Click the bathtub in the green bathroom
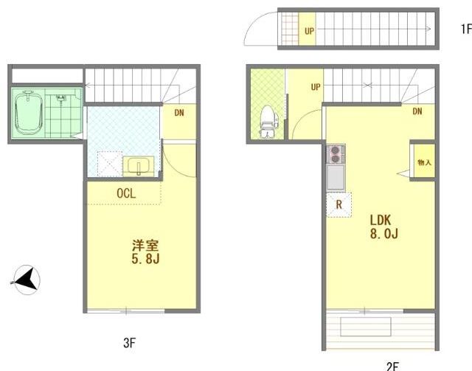point(28,112)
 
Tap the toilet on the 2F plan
point(268,122)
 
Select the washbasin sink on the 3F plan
point(138,166)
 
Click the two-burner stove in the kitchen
point(336,154)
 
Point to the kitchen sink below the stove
point(336,177)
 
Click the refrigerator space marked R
point(339,205)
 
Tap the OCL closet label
point(126,193)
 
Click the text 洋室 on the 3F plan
point(145,246)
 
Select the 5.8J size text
point(145,259)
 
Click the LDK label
point(381,220)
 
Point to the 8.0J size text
point(384,233)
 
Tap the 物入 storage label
point(425,162)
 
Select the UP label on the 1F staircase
point(309,31)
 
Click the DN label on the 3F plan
point(179,113)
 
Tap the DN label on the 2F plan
point(417,111)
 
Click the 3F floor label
point(130,343)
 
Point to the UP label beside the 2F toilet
point(316,87)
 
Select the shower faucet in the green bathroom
point(60,98)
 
